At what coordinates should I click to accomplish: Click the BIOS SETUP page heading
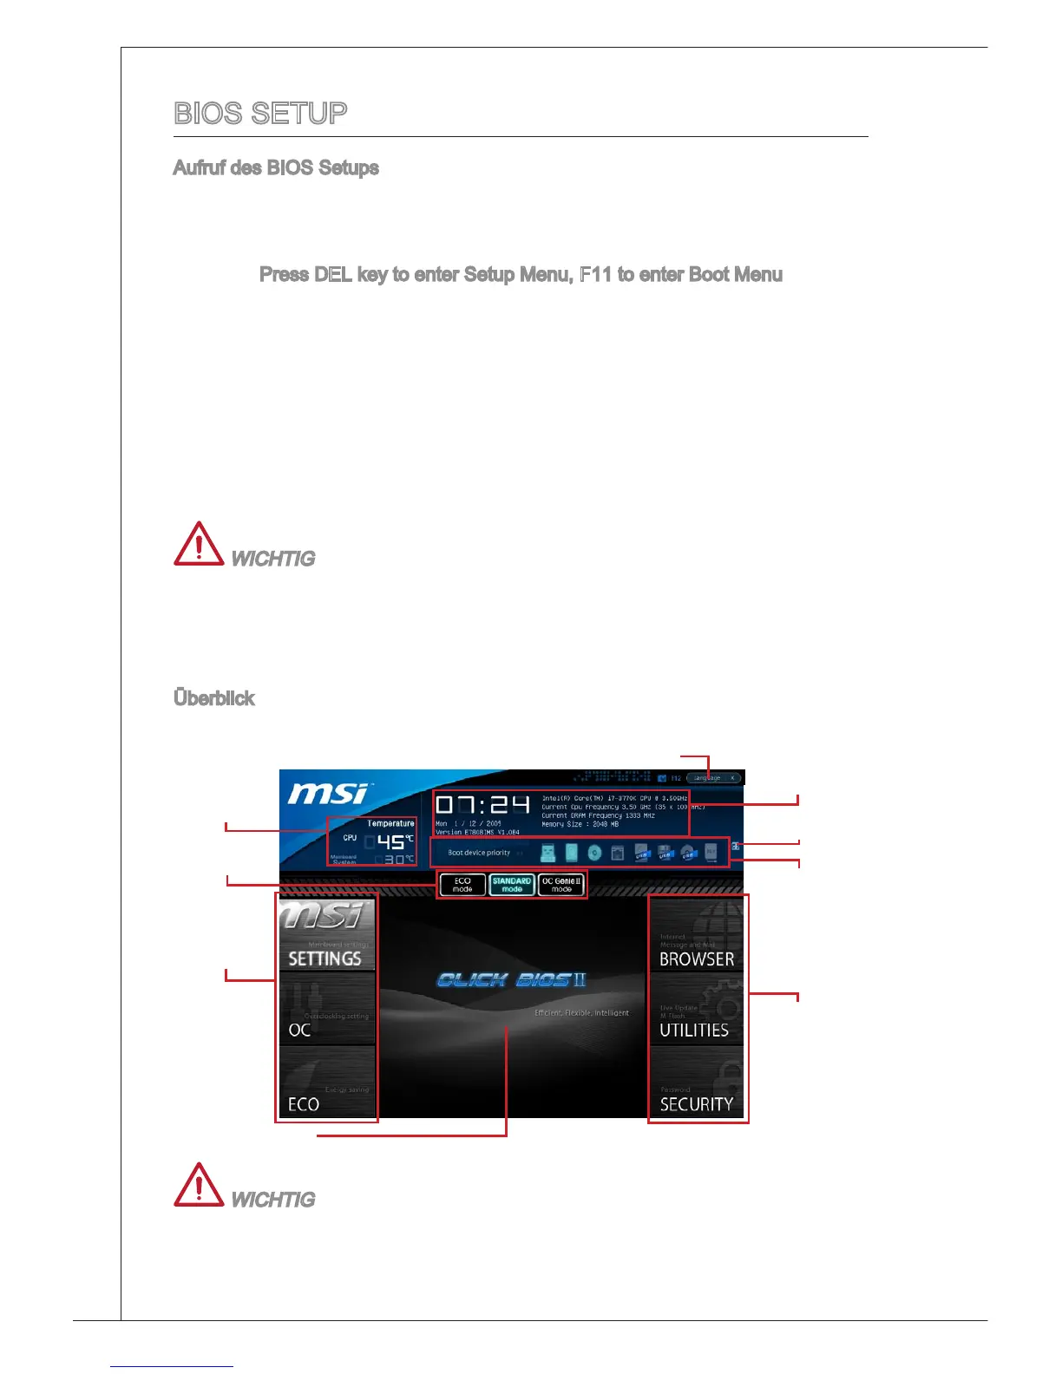click(260, 114)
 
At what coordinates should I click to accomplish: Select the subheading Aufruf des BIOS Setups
click(276, 168)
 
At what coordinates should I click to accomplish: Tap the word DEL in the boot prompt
click(333, 275)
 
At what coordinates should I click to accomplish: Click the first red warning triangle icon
click(199, 545)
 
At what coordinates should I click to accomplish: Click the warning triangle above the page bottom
click(199, 1186)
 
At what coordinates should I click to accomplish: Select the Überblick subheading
click(214, 699)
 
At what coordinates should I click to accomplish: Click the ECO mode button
click(462, 885)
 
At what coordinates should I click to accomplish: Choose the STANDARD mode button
click(512, 885)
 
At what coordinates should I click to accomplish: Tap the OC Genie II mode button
click(561, 885)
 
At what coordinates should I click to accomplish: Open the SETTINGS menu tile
click(326, 935)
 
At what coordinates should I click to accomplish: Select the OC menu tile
click(326, 1010)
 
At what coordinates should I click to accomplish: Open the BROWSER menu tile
click(697, 935)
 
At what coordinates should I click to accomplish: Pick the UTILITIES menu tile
click(697, 1010)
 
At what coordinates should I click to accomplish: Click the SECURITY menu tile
click(697, 1084)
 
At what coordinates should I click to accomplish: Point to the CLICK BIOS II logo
click(512, 980)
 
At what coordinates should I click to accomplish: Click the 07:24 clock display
click(482, 806)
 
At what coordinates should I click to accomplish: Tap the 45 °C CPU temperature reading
click(392, 841)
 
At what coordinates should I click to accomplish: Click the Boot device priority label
click(479, 853)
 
